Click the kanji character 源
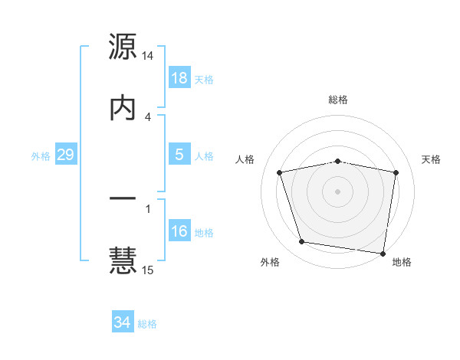123,47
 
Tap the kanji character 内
123,107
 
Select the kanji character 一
123,199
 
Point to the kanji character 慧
123,260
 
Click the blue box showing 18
179,78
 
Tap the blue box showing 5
179,155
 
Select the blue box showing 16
179,231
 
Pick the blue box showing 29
65,155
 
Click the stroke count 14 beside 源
148,57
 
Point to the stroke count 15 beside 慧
148,270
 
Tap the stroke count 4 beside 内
148,116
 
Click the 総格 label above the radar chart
338,100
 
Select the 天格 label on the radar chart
431,159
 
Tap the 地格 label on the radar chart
402,262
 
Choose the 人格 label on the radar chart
245,159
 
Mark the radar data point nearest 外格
302,242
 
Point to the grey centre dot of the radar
338,191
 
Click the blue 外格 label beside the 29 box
41,155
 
